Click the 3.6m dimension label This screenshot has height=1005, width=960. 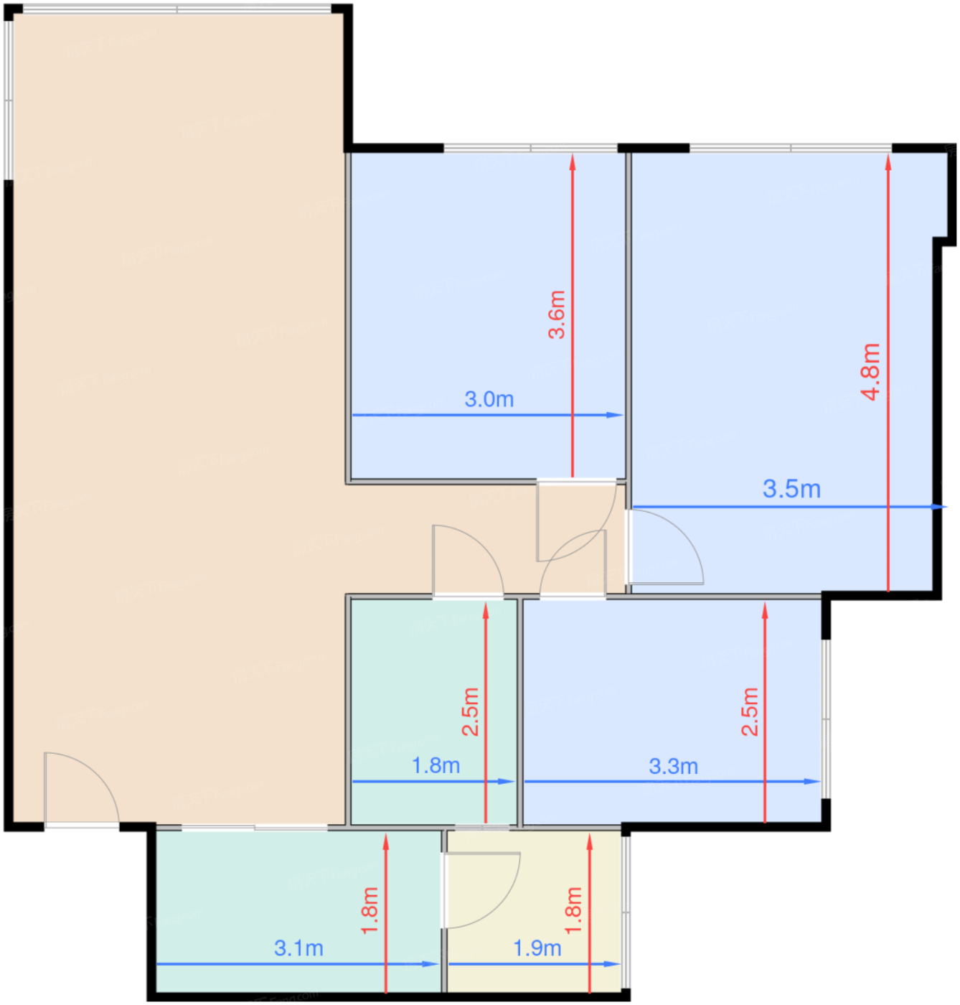(x=557, y=314)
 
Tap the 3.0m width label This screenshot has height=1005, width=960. (x=489, y=399)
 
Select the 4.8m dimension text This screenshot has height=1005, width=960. (x=870, y=371)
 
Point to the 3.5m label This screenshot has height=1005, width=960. (x=791, y=489)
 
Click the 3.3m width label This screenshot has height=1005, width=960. (x=673, y=766)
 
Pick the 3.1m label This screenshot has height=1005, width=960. (x=298, y=948)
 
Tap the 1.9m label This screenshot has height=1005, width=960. (x=537, y=948)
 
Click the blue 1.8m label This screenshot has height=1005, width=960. (x=436, y=765)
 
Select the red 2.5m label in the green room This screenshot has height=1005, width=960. (x=471, y=711)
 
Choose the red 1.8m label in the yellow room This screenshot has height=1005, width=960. (x=573, y=910)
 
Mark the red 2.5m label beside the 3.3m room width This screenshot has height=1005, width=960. (x=750, y=711)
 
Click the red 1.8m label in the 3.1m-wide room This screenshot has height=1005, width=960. (x=370, y=910)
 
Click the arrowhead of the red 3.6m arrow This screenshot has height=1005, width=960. (x=573, y=162)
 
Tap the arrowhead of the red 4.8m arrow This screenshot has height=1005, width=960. (x=888, y=162)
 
